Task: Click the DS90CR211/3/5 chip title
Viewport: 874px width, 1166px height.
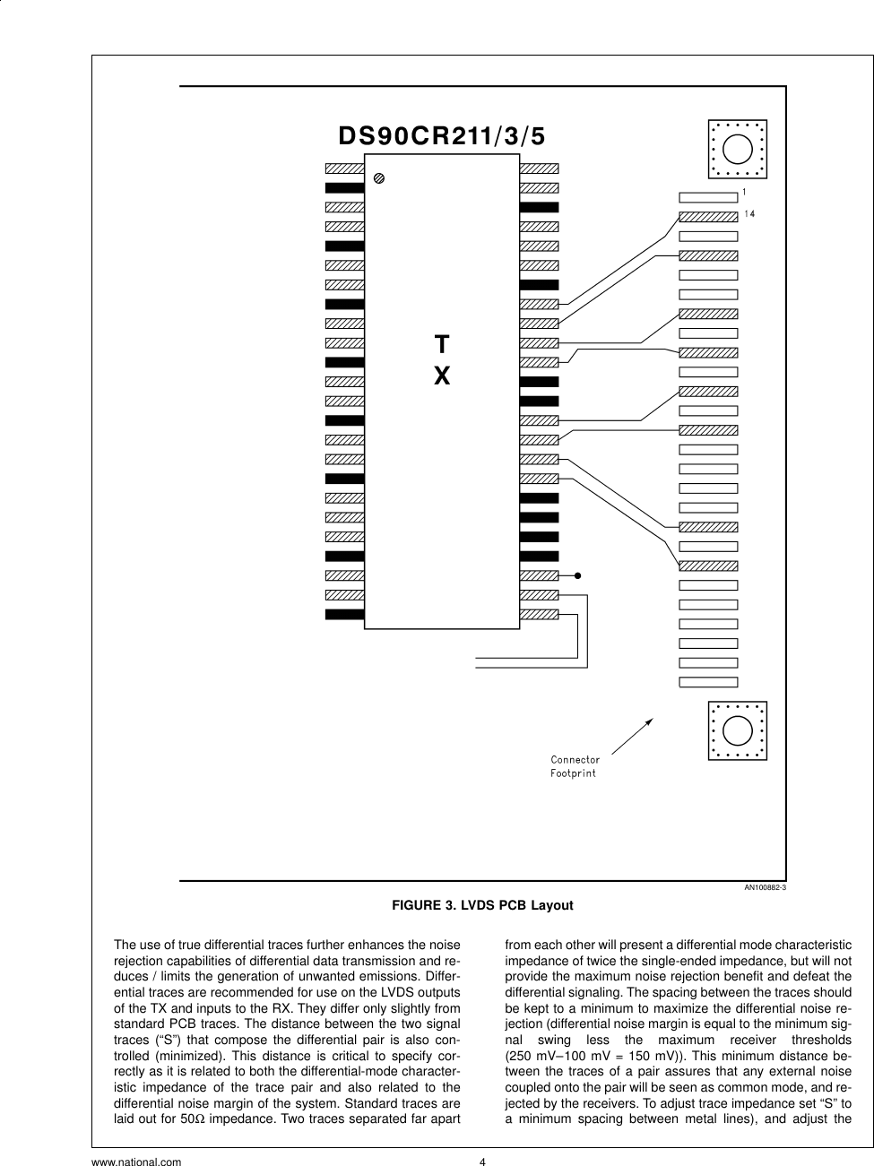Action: [441, 136]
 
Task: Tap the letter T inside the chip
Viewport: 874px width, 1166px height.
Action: [442, 345]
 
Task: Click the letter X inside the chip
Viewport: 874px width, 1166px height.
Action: [442, 376]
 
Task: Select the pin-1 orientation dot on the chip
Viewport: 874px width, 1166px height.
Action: [379, 179]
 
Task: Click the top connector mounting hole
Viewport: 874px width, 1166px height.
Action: [737, 148]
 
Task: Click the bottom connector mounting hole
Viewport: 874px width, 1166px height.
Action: [737, 730]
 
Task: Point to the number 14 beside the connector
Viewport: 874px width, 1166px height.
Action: [750, 214]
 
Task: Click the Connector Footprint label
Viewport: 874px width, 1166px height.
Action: [575, 766]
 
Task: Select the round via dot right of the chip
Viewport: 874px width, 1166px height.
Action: [578, 575]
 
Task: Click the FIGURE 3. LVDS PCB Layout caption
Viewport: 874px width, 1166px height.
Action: [482, 906]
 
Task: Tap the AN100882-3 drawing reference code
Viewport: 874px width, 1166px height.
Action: [765, 888]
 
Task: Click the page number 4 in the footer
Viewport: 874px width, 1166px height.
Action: [482, 1163]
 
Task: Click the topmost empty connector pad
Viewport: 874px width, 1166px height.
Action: [708, 196]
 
